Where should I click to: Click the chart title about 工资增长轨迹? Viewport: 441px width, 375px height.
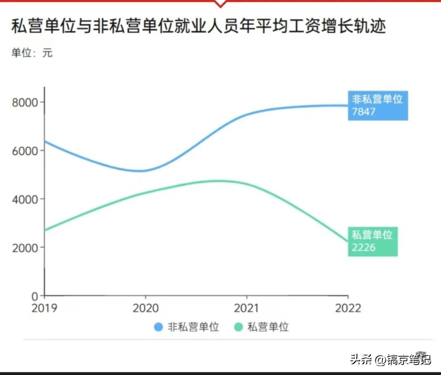[198, 27]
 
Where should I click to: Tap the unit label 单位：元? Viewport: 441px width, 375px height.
[32, 53]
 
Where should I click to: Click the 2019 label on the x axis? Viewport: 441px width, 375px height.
[45, 308]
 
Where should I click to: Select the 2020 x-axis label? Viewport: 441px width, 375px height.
[146, 308]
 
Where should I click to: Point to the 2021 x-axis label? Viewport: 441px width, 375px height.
[247, 308]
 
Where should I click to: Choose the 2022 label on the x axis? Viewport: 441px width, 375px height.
[348, 308]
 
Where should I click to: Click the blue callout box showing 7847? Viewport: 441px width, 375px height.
[378, 105]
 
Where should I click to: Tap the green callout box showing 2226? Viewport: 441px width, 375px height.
[372, 241]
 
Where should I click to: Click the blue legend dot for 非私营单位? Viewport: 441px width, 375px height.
[158, 327]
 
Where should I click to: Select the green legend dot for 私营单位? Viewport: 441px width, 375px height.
[238, 327]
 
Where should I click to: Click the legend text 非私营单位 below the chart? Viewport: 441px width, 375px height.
[193, 327]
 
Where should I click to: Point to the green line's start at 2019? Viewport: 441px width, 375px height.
[45, 230]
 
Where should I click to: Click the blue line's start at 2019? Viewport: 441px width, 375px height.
[45, 141]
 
